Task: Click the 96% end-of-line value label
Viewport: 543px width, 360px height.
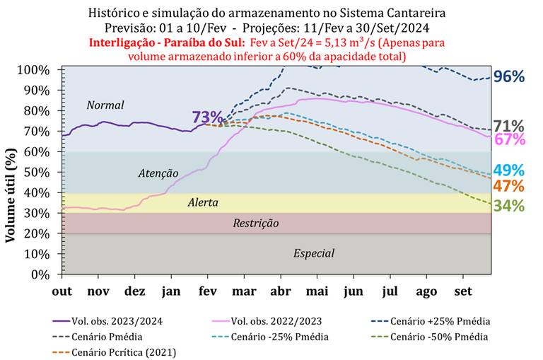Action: coord(509,77)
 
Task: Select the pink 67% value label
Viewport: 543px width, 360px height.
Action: coord(509,139)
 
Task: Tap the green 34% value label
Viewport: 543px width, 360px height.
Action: coord(509,206)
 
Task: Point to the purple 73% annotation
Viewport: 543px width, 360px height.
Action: coord(206,117)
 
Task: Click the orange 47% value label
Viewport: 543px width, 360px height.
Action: coord(509,187)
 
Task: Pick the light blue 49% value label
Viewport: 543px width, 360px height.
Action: coord(509,170)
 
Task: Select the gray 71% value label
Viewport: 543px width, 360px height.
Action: coord(509,125)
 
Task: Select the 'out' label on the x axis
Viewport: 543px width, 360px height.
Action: coord(62,291)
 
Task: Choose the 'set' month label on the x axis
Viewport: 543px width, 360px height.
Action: coord(463,291)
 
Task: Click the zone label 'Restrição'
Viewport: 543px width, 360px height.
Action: coord(256,223)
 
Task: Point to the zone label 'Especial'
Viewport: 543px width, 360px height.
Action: coord(314,253)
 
